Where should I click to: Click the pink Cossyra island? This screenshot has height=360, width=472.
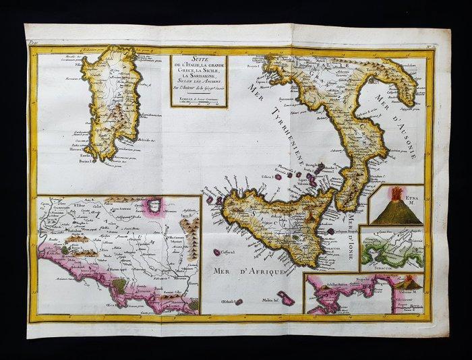[218, 252]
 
